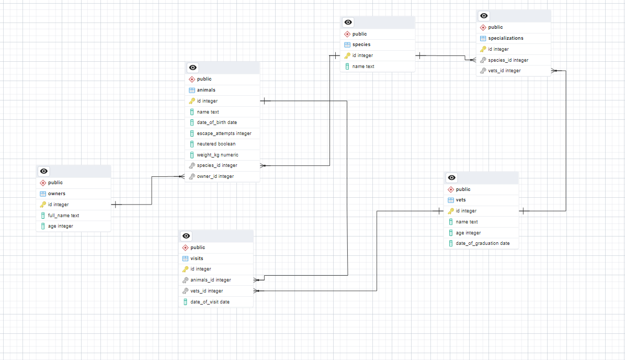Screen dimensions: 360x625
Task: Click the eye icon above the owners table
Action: point(44,171)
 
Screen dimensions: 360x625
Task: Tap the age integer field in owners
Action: point(60,226)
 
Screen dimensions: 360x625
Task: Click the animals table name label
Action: point(206,90)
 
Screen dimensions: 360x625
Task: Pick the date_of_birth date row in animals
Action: point(217,122)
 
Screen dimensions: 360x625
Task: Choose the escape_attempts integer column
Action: point(224,133)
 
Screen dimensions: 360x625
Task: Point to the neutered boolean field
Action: point(216,144)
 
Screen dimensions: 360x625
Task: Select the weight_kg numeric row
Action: point(218,155)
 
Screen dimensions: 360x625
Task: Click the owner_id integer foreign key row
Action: point(215,176)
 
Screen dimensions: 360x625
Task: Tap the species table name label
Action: point(361,44)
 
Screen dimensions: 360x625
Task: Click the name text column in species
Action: point(363,66)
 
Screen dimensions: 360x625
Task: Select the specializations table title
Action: point(505,38)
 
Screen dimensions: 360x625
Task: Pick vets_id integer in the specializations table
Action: point(504,71)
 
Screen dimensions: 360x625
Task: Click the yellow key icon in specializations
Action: point(483,49)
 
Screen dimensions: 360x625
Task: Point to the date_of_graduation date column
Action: point(482,243)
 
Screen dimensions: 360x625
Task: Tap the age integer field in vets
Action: point(468,233)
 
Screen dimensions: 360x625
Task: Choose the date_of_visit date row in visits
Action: point(210,302)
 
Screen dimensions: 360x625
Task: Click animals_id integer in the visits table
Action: point(210,280)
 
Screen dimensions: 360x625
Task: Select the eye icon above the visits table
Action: point(187,236)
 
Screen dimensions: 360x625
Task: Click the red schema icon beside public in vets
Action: point(451,189)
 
